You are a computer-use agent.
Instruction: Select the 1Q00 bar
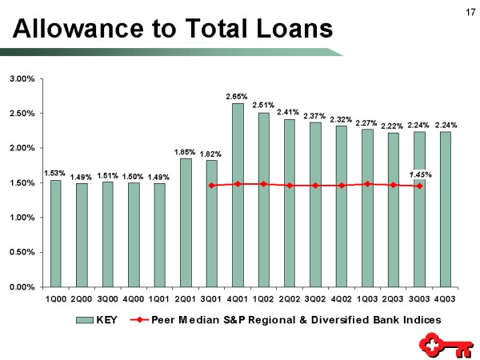click(x=55, y=233)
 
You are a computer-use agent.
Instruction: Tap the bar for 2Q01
click(x=186, y=222)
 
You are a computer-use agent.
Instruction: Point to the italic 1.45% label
click(x=421, y=174)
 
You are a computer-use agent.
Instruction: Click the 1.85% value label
click(x=186, y=151)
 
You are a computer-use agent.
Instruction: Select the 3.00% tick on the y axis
click(x=22, y=79)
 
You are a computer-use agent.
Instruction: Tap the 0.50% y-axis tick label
click(x=22, y=252)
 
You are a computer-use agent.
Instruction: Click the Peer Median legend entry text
click(x=296, y=319)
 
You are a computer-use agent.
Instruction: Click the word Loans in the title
click(x=290, y=30)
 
